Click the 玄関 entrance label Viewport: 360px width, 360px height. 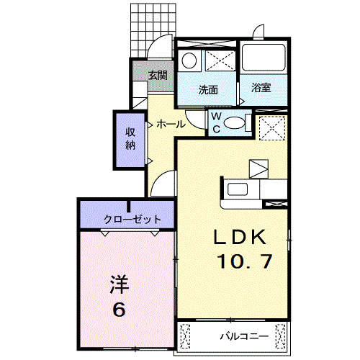click(x=158, y=74)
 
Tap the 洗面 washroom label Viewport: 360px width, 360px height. click(x=208, y=90)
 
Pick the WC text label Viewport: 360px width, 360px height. click(x=215, y=124)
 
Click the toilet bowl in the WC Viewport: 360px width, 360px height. click(x=235, y=124)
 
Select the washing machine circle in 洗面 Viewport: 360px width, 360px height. click(x=190, y=60)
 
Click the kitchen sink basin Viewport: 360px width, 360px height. click(x=237, y=191)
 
